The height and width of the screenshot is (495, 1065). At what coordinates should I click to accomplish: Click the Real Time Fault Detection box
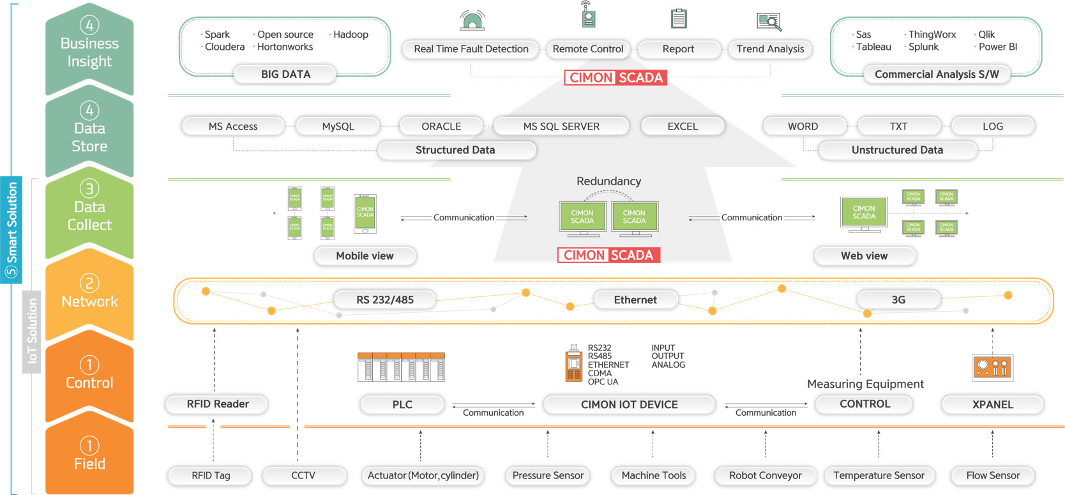pyautogui.click(x=471, y=49)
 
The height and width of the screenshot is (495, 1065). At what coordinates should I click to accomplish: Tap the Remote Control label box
pyautogui.click(x=587, y=49)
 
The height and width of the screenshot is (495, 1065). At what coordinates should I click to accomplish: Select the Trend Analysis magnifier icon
pyautogui.click(x=769, y=22)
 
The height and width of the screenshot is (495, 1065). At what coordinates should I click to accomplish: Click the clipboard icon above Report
pyautogui.click(x=679, y=19)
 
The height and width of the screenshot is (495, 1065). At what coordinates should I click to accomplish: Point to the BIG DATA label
pyautogui.click(x=285, y=74)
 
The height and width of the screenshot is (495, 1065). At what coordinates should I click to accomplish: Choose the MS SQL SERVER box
pyautogui.click(x=561, y=126)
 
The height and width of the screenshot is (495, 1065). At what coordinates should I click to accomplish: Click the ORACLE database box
pyautogui.click(x=441, y=126)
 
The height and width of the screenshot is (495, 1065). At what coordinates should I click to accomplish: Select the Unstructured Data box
pyautogui.click(x=897, y=150)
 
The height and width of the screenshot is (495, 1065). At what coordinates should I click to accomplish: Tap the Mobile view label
pyautogui.click(x=365, y=256)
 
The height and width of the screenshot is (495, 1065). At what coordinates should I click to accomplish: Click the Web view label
pyautogui.click(x=864, y=256)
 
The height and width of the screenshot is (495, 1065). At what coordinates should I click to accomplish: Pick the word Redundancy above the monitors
pyautogui.click(x=608, y=181)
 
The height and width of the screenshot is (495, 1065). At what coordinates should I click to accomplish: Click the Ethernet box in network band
pyautogui.click(x=635, y=300)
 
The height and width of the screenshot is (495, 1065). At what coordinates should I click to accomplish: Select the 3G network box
pyautogui.click(x=898, y=300)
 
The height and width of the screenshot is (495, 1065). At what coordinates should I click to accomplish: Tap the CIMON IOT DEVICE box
pyautogui.click(x=629, y=404)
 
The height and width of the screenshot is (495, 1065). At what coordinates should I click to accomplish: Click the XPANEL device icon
pyautogui.click(x=992, y=367)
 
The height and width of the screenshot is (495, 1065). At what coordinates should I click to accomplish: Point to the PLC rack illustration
pyautogui.click(x=401, y=367)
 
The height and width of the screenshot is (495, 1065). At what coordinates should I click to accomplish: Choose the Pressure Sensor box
pyautogui.click(x=548, y=476)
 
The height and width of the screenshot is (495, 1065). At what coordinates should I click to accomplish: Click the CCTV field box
pyautogui.click(x=303, y=476)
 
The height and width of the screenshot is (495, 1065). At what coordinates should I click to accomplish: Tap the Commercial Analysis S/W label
pyautogui.click(x=937, y=74)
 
